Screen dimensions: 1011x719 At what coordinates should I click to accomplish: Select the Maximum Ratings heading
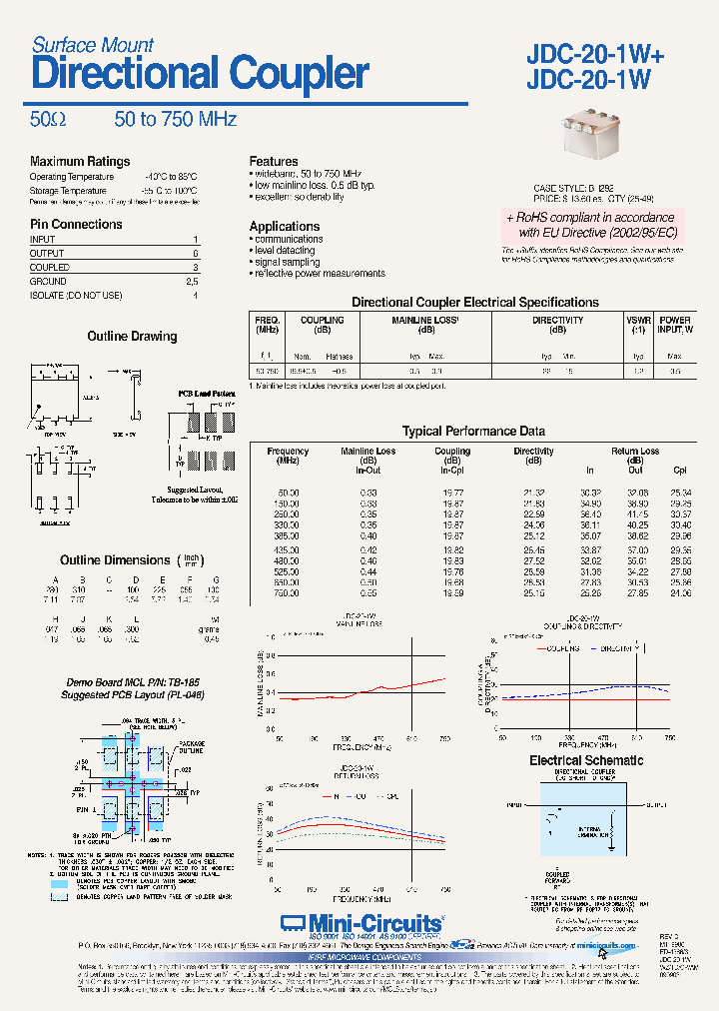click(80, 162)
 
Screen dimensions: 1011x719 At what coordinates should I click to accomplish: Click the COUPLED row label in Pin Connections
click(50, 268)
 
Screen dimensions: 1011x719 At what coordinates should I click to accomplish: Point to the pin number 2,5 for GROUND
click(193, 282)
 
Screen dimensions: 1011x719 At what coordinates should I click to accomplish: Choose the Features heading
click(274, 161)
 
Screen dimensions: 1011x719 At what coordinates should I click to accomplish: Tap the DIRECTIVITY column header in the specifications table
click(557, 321)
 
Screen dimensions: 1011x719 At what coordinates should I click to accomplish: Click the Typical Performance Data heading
click(473, 432)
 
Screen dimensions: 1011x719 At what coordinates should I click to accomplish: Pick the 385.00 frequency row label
click(289, 535)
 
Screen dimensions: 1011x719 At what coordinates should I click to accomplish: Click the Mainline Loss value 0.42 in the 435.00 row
click(368, 549)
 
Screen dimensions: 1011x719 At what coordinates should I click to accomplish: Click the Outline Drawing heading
click(132, 337)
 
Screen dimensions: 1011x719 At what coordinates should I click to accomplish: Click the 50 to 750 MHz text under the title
click(176, 119)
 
